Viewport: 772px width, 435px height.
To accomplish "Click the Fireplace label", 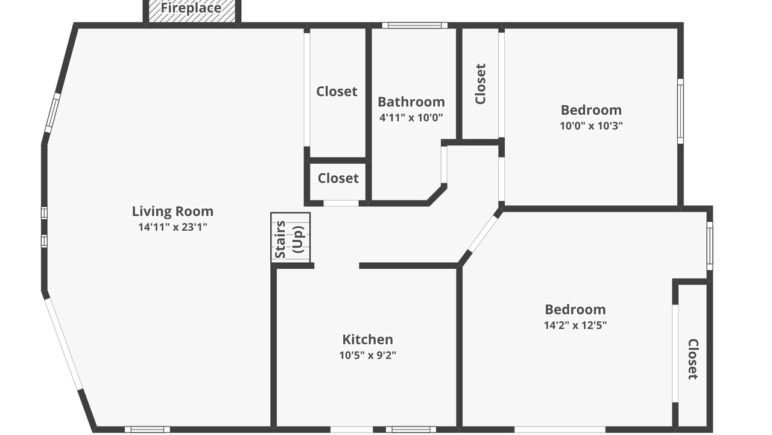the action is tap(191, 8).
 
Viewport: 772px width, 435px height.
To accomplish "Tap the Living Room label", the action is tap(172, 211).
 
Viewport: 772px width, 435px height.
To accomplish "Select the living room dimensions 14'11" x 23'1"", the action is tap(172, 227).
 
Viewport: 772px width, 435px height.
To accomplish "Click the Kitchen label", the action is tap(367, 340).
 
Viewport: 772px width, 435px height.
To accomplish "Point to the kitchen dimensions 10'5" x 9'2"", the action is tap(367, 355).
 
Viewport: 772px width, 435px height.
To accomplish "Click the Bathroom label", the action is tap(411, 102).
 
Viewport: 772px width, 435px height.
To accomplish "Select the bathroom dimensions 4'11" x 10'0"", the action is tap(411, 118).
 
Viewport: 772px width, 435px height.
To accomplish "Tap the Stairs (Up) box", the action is tap(290, 237).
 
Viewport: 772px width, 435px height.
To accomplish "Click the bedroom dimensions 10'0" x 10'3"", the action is tap(591, 126).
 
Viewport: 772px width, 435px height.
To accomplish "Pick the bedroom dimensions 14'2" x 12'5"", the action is tap(575, 325).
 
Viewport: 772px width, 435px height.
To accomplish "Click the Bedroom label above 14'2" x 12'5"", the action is tap(575, 309).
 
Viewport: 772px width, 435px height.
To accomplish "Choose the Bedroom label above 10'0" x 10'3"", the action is tap(591, 110).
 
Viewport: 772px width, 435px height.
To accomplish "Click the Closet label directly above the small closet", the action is tap(337, 91).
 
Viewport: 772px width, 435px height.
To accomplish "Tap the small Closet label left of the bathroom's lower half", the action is tap(338, 178).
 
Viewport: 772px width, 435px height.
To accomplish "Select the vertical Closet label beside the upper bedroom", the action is tap(480, 84).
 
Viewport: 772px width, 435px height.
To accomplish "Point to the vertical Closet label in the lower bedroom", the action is tap(694, 359).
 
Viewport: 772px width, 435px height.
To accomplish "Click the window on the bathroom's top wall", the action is tap(414, 25).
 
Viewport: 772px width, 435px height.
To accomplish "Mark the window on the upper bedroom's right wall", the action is tap(681, 111).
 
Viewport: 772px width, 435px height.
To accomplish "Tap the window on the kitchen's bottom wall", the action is tap(411, 430).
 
